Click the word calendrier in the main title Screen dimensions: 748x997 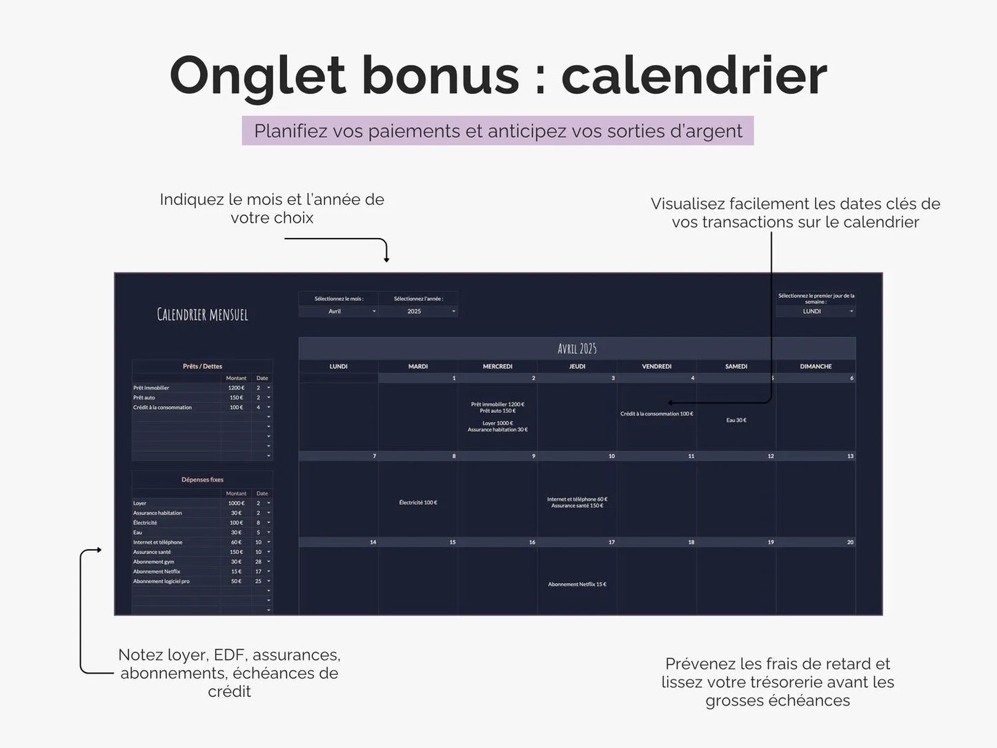(x=693, y=75)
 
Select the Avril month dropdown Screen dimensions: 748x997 (x=338, y=311)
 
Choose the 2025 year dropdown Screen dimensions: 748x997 (x=417, y=311)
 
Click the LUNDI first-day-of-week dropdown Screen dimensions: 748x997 (x=816, y=311)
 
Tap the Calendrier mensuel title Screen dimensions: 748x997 (x=202, y=315)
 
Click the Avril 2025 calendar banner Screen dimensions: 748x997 (x=577, y=348)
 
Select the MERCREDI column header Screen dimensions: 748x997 (x=497, y=366)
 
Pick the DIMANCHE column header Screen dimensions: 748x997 (x=816, y=366)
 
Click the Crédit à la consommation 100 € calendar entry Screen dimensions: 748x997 (x=656, y=414)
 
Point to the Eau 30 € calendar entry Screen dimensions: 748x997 (x=736, y=420)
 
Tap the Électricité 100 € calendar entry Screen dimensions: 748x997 (x=418, y=502)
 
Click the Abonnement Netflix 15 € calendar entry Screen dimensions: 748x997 (x=577, y=584)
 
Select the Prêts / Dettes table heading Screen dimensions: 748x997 (x=202, y=366)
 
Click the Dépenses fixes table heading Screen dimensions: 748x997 (x=202, y=480)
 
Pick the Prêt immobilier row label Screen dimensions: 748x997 (x=152, y=388)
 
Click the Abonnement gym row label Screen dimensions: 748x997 (x=154, y=562)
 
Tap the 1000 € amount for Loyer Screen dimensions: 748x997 (x=236, y=503)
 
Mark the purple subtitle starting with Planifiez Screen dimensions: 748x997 (x=497, y=131)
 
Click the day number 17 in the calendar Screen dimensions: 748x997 (x=611, y=542)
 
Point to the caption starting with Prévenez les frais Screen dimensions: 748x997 (x=778, y=682)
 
